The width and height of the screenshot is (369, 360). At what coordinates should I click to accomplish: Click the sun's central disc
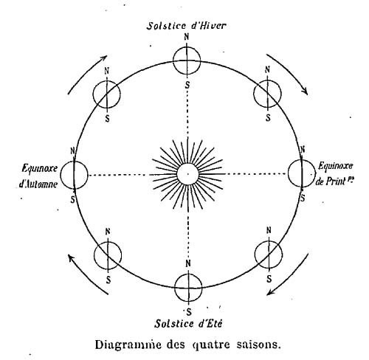tap(187, 174)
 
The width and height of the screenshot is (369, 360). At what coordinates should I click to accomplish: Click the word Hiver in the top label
tap(213, 26)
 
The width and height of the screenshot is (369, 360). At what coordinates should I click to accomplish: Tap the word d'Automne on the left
tap(38, 184)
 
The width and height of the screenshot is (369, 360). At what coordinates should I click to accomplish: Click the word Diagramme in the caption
tap(128, 345)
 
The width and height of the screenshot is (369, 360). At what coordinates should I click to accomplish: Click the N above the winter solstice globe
tap(187, 37)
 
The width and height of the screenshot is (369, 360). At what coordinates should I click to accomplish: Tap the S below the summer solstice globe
tap(189, 312)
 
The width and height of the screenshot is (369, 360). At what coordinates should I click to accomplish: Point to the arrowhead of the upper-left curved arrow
tap(104, 58)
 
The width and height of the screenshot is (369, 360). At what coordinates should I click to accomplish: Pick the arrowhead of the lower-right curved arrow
tap(271, 291)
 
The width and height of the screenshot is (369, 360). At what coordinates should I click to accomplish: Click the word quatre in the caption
tap(211, 345)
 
